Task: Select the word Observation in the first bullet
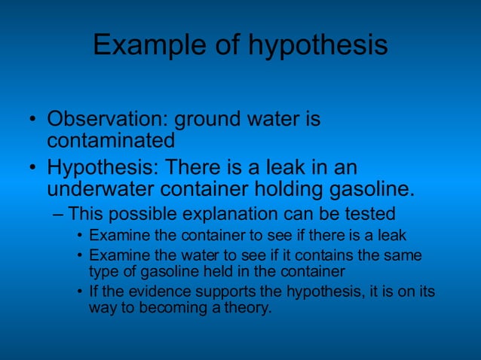[x=105, y=120]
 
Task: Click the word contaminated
[x=111, y=140]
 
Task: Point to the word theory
[x=244, y=308]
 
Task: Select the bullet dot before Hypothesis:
[x=32, y=166]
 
